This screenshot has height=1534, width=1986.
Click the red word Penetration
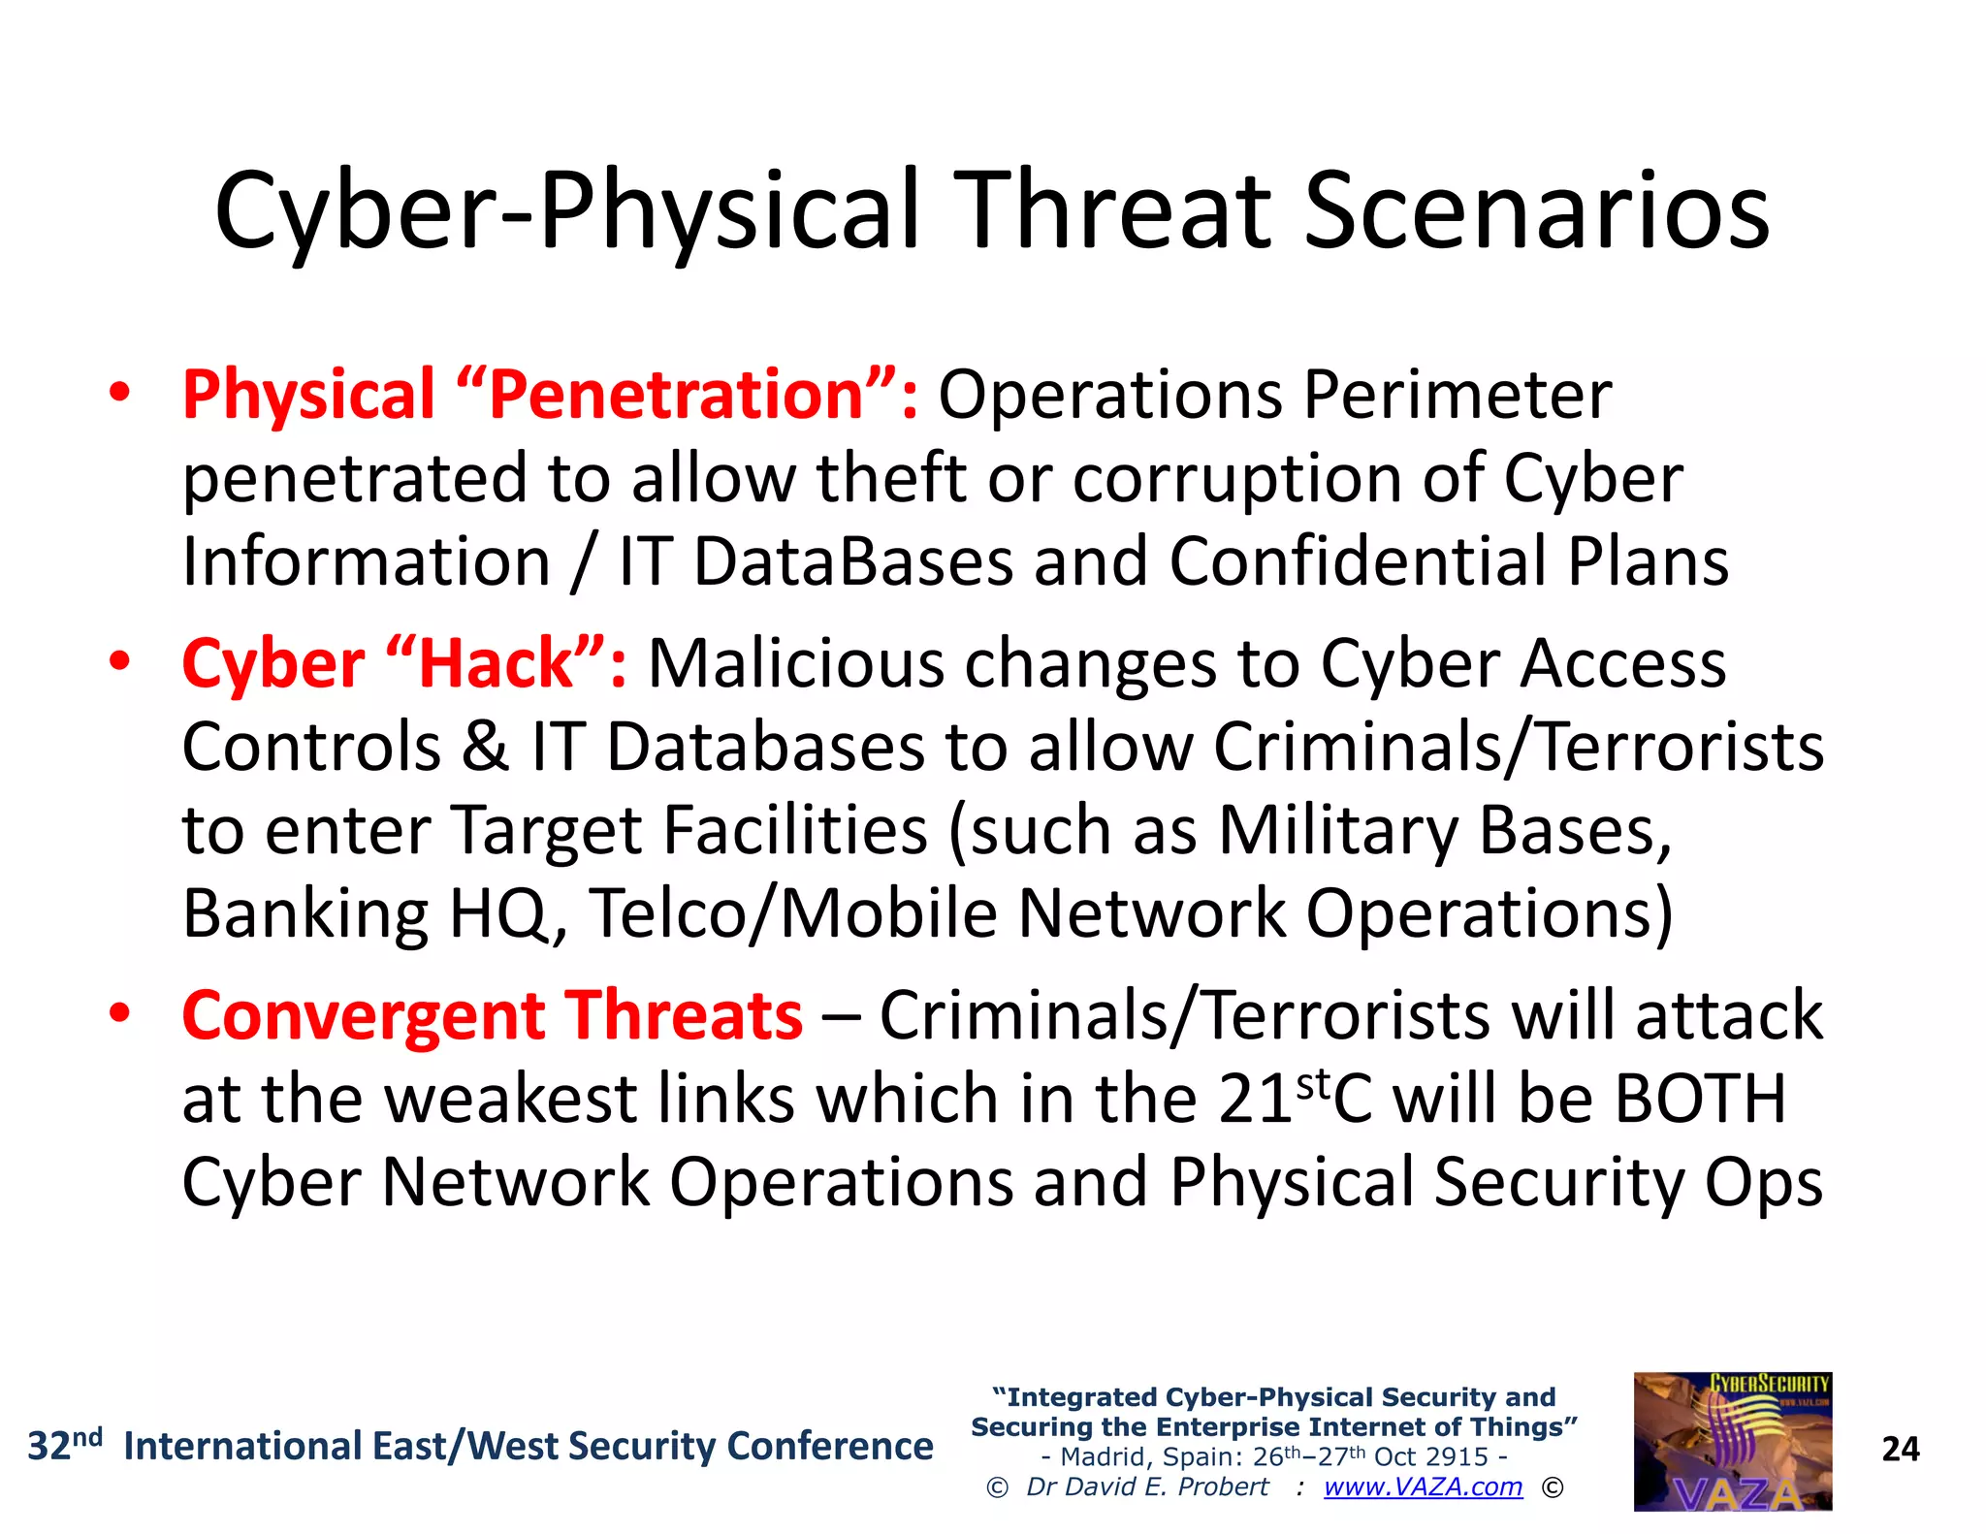676,395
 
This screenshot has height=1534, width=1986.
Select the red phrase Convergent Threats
492,1015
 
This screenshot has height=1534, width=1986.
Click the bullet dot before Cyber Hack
119,661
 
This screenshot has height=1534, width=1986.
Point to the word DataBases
853,561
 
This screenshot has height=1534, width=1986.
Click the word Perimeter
1457,395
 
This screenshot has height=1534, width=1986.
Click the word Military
1337,830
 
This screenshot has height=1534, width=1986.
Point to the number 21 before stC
1255,1099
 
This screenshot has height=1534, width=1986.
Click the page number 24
1900,1449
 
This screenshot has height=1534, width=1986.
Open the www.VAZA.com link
1423,1486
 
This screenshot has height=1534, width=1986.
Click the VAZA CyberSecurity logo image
1732,1441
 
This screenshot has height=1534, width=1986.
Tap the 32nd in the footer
64,1445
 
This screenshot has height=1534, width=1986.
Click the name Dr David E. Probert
1147,1486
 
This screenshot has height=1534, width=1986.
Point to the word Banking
304,913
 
